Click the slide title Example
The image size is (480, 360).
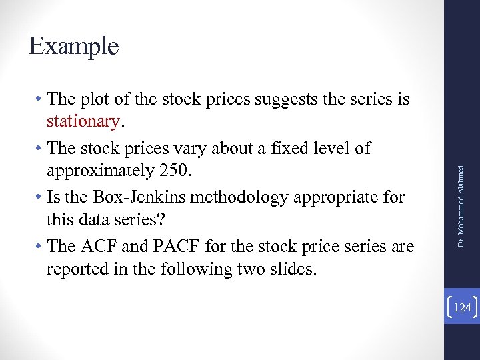(x=74, y=46)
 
